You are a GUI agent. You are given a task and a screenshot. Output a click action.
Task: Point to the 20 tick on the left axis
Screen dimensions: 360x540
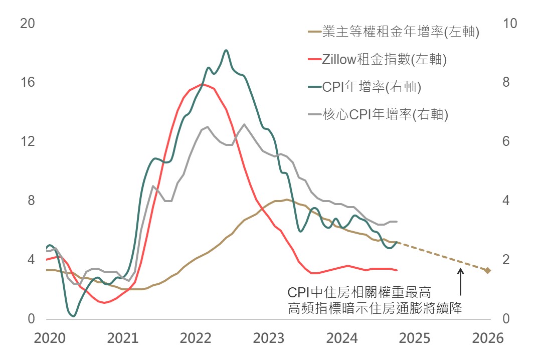point(27,24)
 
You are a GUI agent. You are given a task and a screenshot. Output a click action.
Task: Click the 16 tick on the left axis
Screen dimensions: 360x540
point(27,82)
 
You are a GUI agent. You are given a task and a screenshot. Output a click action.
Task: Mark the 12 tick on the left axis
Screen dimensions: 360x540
point(27,141)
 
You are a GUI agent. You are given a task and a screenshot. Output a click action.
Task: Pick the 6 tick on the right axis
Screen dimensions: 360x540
point(506,141)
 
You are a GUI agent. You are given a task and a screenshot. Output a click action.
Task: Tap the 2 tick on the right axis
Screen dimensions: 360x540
point(506,260)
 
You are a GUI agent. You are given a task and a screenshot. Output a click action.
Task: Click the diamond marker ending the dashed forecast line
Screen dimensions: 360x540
point(487,271)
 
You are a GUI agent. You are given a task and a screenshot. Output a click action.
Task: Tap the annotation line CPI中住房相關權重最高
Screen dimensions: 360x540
point(359,292)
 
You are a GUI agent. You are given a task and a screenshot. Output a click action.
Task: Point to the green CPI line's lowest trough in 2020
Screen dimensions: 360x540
point(74,316)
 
